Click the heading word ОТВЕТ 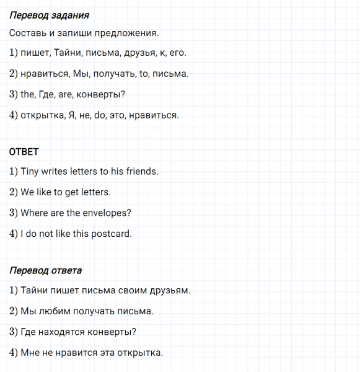tap(24, 151)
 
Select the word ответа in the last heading tap(65, 271)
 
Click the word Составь tap(29, 33)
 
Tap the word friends tap(142, 171)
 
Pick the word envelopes tap(107, 213)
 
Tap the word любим tap(55, 311)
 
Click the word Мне tap(30, 353)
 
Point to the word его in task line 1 tap(177, 53)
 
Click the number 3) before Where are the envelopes tap(13, 213)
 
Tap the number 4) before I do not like tap(13, 234)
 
